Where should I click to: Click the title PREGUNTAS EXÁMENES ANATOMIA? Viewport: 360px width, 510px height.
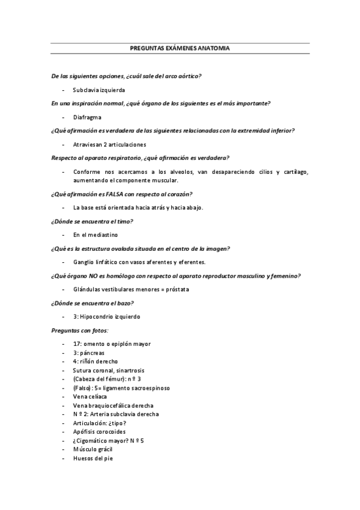pyautogui.click(x=180, y=48)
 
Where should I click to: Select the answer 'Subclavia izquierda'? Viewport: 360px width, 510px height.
pyautogui.click(x=99, y=90)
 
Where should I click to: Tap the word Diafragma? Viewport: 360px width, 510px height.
pyautogui.click(x=87, y=117)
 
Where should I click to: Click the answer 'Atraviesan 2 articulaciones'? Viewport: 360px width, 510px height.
pyautogui.click(x=109, y=144)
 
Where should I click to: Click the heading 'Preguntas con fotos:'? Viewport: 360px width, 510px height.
pyautogui.click(x=79, y=330)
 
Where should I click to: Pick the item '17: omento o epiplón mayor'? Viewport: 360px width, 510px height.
pyautogui.click(x=112, y=344)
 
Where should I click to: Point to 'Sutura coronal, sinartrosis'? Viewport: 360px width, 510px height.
pyautogui.click(x=109, y=370)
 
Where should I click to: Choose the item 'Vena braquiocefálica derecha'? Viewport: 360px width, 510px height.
pyautogui.click(x=113, y=406)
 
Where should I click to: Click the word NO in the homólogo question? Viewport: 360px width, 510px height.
pyautogui.click(x=105, y=276)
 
